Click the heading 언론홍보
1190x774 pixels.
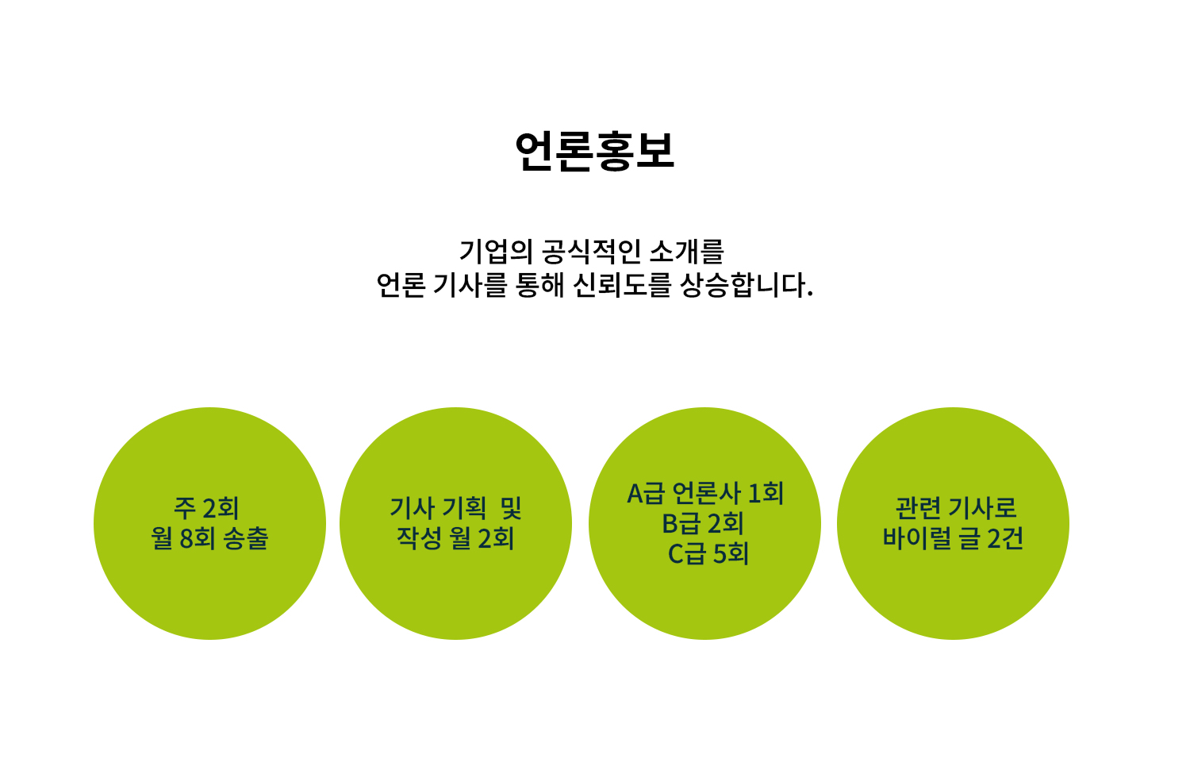point(594,151)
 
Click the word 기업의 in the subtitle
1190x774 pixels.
point(496,252)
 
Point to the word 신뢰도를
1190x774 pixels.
point(621,285)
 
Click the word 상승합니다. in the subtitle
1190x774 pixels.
point(747,285)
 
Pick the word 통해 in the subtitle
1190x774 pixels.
point(539,285)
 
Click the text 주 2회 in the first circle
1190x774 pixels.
point(206,508)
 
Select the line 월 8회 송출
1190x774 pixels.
point(210,538)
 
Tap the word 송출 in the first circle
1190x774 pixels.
point(246,538)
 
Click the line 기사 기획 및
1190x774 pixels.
point(456,508)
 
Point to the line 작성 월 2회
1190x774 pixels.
point(455,538)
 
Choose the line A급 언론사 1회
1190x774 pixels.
point(705,493)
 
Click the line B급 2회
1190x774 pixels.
point(702,524)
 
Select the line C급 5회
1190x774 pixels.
point(708,554)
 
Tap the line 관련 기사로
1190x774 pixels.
point(956,508)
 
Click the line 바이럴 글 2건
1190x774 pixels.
point(953,538)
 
